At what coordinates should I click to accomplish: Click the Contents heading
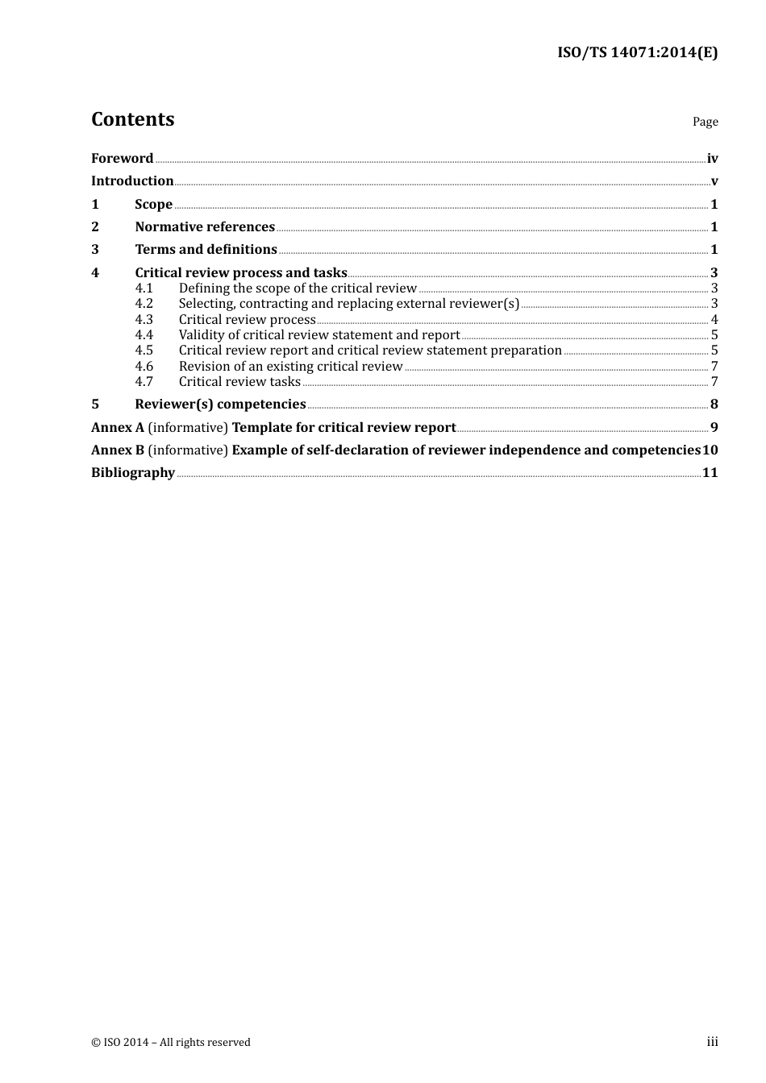pos(132,119)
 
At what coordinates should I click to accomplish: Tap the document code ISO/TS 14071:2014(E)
pos(637,53)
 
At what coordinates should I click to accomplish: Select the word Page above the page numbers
pos(705,122)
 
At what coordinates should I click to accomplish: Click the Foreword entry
pos(122,159)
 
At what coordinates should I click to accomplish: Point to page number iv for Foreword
pos(712,159)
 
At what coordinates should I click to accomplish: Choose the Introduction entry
pos(132,181)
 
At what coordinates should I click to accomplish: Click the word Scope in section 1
pos(153,205)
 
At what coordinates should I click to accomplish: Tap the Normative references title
pos(205,227)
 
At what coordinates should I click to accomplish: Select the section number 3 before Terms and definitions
pos(95,250)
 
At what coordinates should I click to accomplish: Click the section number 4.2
pos(144,304)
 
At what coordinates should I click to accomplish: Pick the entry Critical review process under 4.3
pos(247,320)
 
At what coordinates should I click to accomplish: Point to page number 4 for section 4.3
pos(714,320)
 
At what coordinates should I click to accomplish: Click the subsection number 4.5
pos(144,351)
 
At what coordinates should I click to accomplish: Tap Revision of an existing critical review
pos(290,367)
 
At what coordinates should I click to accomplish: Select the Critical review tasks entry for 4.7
pos(239,382)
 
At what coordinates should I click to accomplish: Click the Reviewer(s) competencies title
pos(220,405)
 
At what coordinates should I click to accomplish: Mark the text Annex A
pos(118,428)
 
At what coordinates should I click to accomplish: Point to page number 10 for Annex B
pos(710,450)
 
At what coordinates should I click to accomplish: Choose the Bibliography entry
pos(133,473)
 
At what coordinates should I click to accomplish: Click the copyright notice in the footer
pos(171,1043)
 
